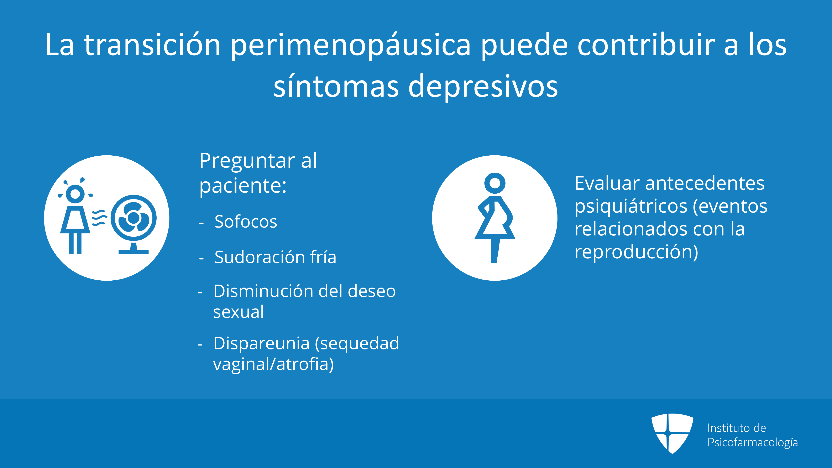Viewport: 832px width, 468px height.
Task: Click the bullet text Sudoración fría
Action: coord(275,257)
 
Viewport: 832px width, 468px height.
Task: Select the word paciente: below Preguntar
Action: coord(243,186)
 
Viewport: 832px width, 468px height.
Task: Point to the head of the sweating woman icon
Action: coord(75,194)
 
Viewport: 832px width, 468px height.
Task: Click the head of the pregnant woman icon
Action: coord(495,183)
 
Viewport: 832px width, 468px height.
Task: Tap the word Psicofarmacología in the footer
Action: coord(753,442)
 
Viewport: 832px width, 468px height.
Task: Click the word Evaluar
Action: coord(607,183)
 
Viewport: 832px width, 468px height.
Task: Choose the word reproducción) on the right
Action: coord(636,252)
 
